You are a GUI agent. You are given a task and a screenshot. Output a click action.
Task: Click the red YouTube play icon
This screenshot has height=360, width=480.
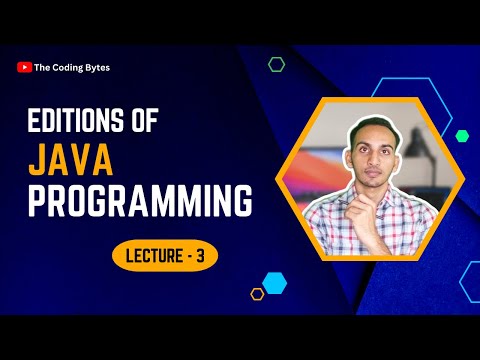click(x=24, y=67)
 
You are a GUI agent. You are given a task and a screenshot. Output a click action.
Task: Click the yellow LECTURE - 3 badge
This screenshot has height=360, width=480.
click(x=164, y=255)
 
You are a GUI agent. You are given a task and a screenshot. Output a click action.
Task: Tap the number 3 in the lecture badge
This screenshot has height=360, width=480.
click(x=200, y=255)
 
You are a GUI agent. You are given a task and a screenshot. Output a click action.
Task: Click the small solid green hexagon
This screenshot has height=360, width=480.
click(x=462, y=135)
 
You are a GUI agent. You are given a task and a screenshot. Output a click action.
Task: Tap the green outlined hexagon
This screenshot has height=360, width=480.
click(x=276, y=64)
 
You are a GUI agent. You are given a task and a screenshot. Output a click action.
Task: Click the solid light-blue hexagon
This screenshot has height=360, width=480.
click(x=274, y=282)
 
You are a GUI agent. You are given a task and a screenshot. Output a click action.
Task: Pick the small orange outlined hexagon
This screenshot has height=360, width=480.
click(x=257, y=293)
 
